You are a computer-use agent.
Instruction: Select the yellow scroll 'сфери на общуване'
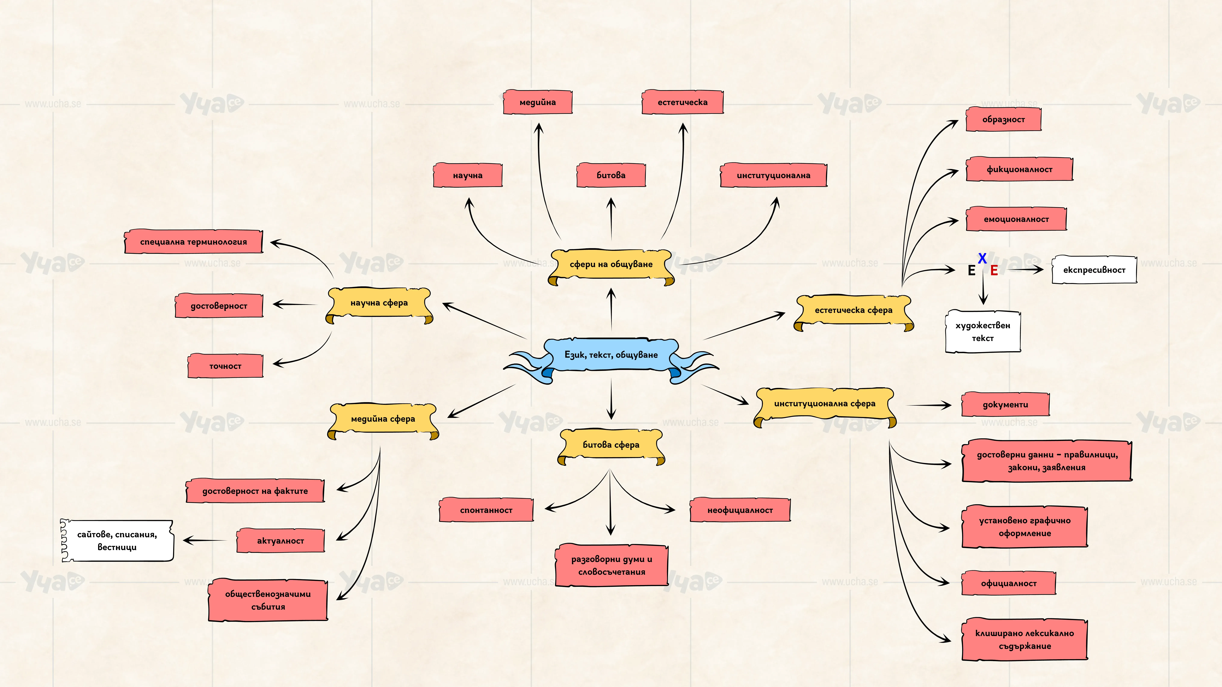coord(611,267)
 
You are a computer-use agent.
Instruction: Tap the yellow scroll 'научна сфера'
coord(379,305)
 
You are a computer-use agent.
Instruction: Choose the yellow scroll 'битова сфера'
coord(611,447)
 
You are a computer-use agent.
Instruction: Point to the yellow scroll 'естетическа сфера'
coord(853,313)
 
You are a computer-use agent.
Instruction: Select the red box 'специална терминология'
coord(194,242)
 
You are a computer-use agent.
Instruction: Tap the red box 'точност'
coord(225,366)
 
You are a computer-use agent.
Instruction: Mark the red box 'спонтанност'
coord(486,510)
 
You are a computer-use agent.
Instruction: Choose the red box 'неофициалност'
coord(740,510)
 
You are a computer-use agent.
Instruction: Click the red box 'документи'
coord(1006,404)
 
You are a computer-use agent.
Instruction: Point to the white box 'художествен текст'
coord(983,331)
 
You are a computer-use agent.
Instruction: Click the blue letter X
coord(982,258)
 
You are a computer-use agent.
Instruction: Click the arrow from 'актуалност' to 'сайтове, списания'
coord(205,540)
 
